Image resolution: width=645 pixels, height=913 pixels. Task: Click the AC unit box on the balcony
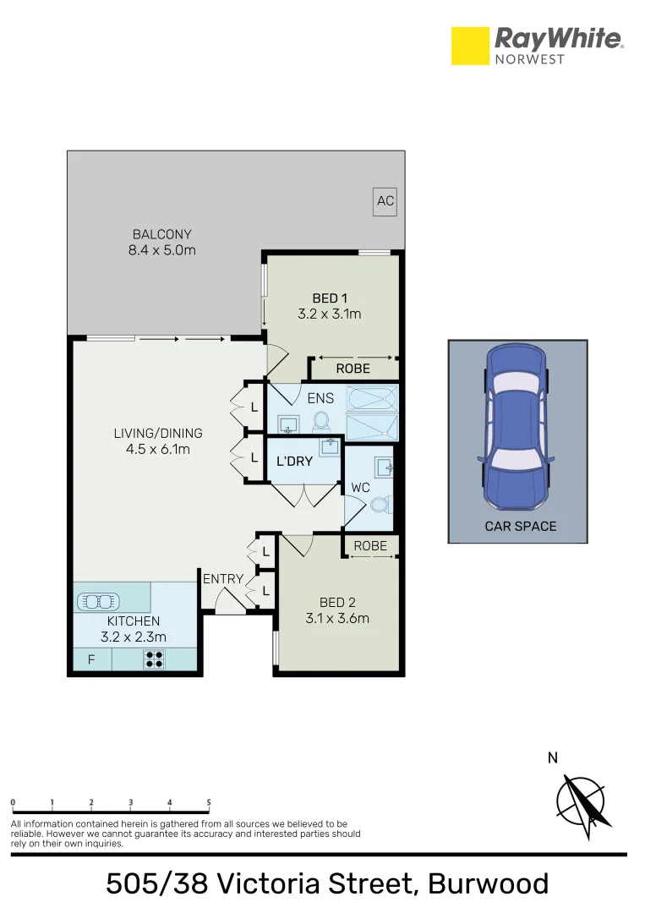pyautogui.click(x=385, y=201)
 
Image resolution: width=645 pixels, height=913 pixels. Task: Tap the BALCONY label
pyautogui.click(x=161, y=234)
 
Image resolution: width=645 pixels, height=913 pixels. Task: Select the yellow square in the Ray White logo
pyautogui.click(x=470, y=46)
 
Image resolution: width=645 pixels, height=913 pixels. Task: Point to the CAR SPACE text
pyautogui.click(x=520, y=526)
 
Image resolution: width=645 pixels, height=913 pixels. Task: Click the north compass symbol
pyautogui.click(x=581, y=800)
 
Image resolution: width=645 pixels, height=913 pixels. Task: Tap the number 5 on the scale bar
pyautogui.click(x=209, y=803)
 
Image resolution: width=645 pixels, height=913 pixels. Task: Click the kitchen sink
pyautogui.click(x=100, y=601)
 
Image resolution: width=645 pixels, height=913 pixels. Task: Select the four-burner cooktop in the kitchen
pyautogui.click(x=154, y=659)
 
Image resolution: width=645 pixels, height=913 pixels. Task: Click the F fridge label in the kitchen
pyautogui.click(x=90, y=660)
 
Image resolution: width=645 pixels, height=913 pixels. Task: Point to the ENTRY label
pyautogui.click(x=223, y=579)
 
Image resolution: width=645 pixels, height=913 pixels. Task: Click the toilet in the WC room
pyautogui.click(x=381, y=505)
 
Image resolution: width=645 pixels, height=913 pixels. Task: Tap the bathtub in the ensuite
pyautogui.click(x=371, y=397)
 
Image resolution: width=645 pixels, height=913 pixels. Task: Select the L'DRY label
pyautogui.click(x=295, y=462)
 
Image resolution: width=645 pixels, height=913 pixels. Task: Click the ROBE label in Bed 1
pyautogui.click(x=353, y=369)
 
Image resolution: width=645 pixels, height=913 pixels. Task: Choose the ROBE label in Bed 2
pyautogui.click(x=370, y=546)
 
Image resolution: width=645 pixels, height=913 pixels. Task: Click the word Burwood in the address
pyautogui.click(x=488, y=883)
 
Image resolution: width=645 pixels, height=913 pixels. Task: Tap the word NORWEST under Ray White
pyautogui.click(x=530, y=58)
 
